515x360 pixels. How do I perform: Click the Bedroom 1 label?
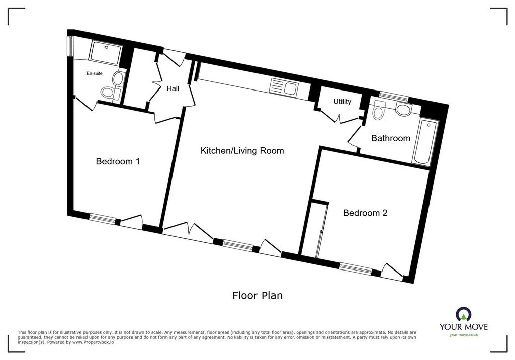coord(118,161)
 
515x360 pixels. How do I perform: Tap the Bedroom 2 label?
coord(365,213)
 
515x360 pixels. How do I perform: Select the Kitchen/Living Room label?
coord(242,151)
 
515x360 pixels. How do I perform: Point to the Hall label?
coord(173,88)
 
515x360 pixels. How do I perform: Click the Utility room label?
coord(342,102)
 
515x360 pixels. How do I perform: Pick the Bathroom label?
coord(390,138)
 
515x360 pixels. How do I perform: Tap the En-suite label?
coord(94,73)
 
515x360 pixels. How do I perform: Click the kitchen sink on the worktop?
coord(283,87)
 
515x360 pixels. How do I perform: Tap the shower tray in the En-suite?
coord(106,52)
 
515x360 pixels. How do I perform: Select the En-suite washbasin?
coord(118,79)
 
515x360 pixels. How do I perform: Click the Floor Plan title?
coord(257,295)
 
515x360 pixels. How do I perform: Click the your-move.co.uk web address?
coord(463,335)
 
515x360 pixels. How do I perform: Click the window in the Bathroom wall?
coord(393,96)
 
